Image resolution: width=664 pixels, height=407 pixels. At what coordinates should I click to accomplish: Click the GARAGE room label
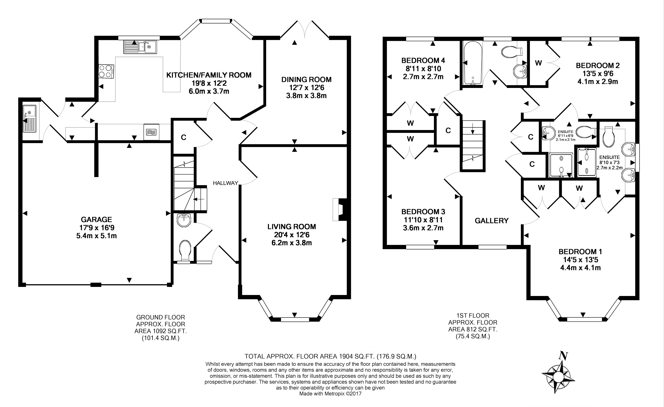[x=96, y=219]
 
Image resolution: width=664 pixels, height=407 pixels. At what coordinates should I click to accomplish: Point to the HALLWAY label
[x=225, y=183]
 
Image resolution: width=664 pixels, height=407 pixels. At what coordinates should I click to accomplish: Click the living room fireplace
[x=340, y=210]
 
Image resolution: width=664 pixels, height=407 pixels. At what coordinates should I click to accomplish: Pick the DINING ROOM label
[x=306, y=79]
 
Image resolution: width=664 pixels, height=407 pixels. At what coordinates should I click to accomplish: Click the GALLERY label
[x=491, y=221]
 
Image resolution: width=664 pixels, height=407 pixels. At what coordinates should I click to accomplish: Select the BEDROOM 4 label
[x=423, y=60]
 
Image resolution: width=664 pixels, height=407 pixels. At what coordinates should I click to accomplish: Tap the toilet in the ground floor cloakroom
[x=185, y=251]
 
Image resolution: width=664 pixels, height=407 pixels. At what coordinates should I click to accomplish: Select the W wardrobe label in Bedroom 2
[x=538, y=63]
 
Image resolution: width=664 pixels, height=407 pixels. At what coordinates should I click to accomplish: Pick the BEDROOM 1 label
[x=580, y=252]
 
